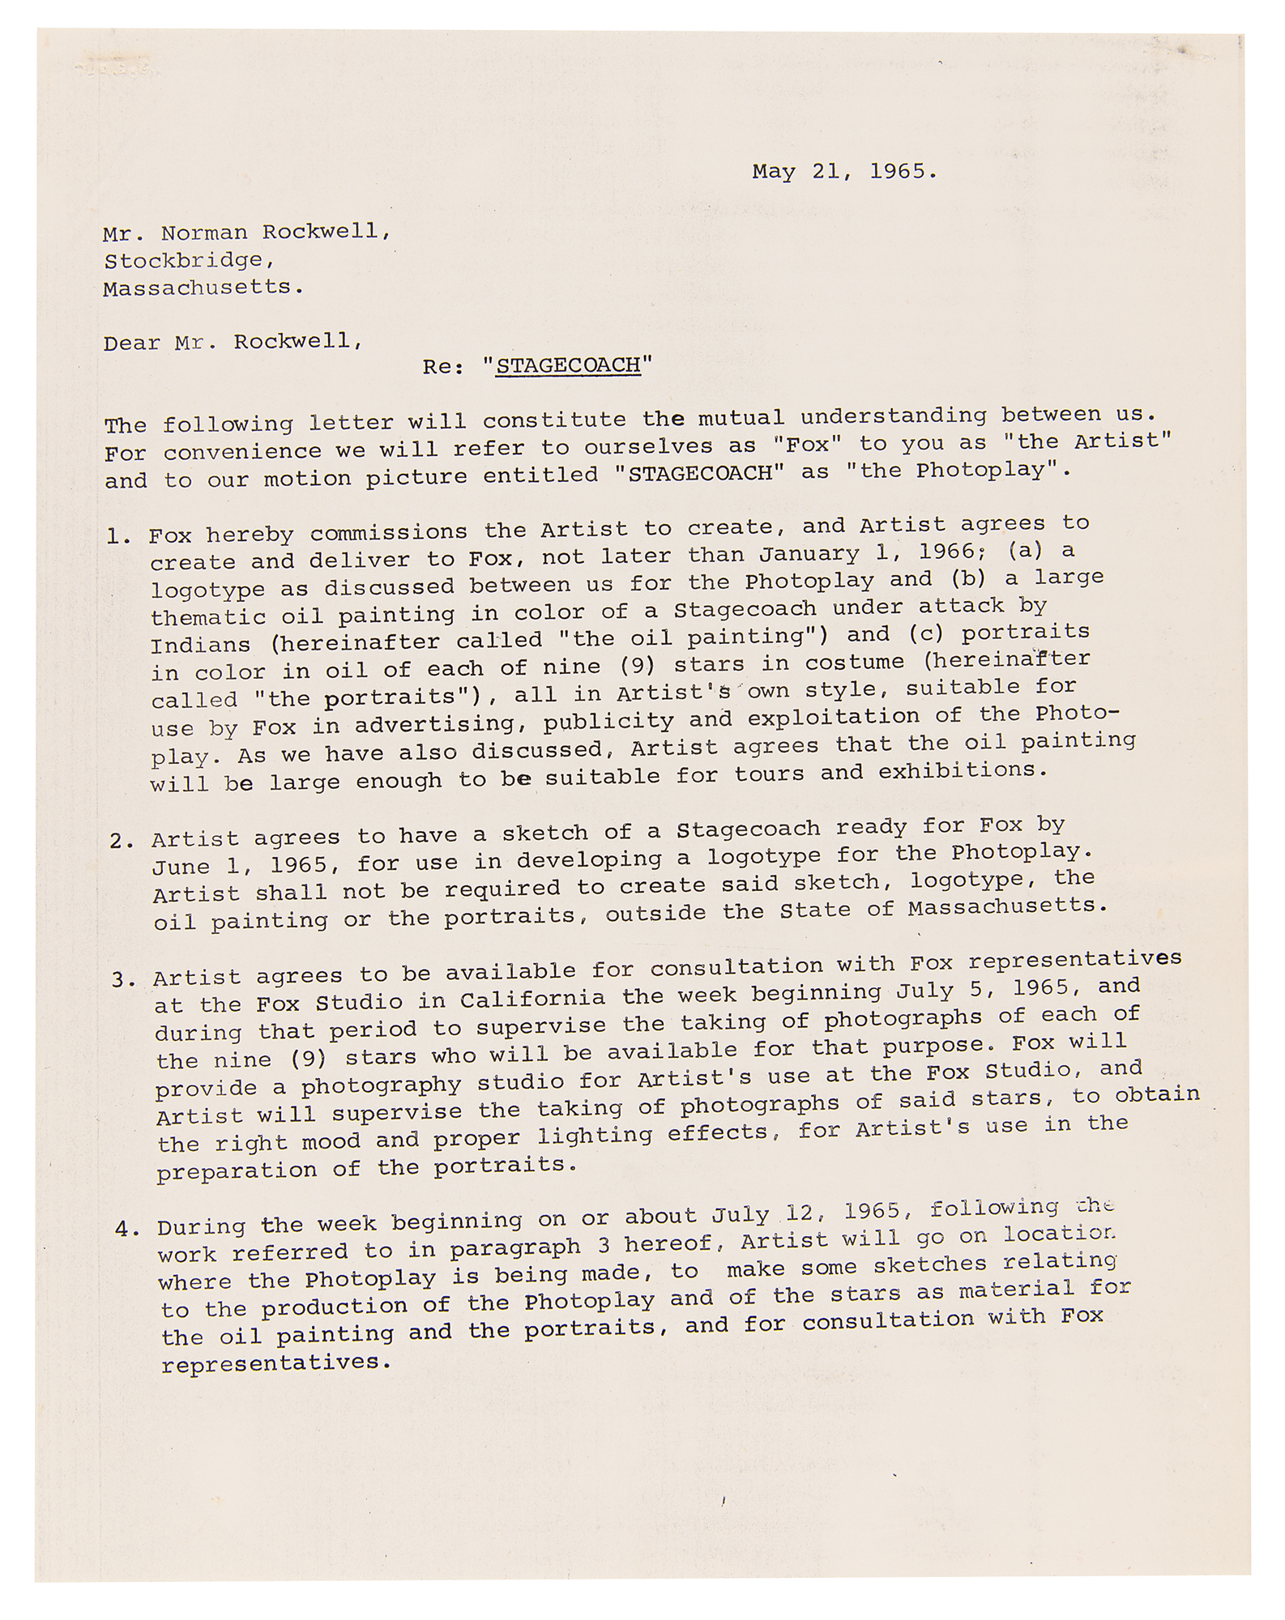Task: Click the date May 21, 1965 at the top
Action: tap(844, 172)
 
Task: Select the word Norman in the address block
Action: tap(204, 232)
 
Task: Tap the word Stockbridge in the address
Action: tap(183, 261)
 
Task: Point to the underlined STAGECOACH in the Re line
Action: tap(568, 366)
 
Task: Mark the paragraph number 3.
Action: tap(122, 981)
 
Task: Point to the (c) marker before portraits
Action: tap(924, 633)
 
